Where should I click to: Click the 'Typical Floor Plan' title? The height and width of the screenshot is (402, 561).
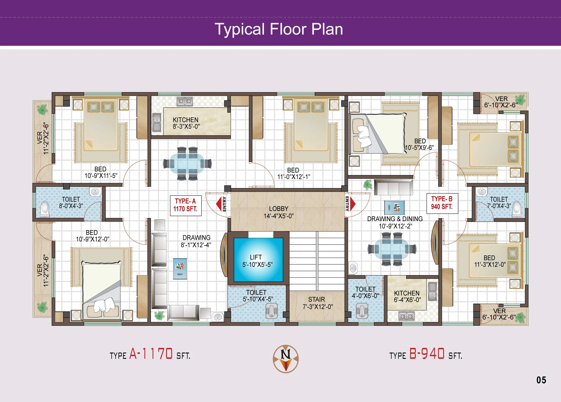279,29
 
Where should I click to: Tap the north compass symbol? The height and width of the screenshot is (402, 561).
286,359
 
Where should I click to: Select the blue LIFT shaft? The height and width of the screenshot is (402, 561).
258,260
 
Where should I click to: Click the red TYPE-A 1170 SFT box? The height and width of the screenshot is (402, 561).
186,205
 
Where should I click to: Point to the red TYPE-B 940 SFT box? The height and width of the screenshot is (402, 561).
442,203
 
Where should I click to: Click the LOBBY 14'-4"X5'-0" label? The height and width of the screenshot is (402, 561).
279,212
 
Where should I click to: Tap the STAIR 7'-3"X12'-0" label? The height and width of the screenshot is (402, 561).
318,303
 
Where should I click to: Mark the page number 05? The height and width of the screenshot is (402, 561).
541,380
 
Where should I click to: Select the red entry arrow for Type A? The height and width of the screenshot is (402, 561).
219,204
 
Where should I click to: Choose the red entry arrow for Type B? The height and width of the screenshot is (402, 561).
353,204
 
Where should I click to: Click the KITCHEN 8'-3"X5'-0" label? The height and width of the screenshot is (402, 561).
186,123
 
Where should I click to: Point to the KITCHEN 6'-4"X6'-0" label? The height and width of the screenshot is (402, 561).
407,297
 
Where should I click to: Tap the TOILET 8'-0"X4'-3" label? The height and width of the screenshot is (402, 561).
71,203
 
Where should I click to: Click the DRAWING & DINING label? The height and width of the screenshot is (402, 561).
395,219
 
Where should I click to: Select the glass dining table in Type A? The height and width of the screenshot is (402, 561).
187,163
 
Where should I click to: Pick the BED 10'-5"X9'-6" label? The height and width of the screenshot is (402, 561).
420,144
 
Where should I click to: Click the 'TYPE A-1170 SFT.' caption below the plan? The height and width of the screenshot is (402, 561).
150,354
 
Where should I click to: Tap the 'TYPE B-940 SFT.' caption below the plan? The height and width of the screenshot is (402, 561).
426,354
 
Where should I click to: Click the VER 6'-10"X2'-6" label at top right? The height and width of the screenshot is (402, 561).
501,102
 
